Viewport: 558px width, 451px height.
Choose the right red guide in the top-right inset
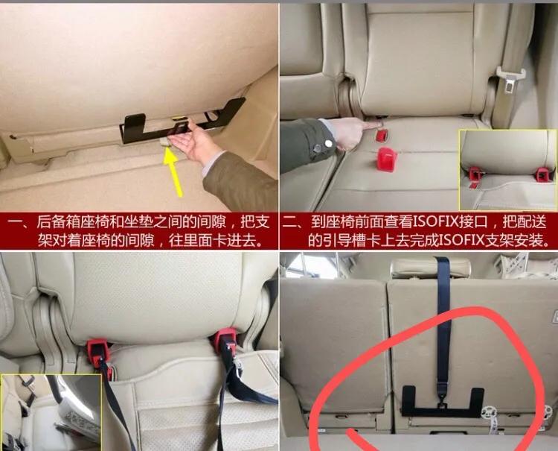click(543, 174)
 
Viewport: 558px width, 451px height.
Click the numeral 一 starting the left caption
click(11, 223)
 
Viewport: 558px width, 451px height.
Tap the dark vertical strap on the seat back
click(444, 321)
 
